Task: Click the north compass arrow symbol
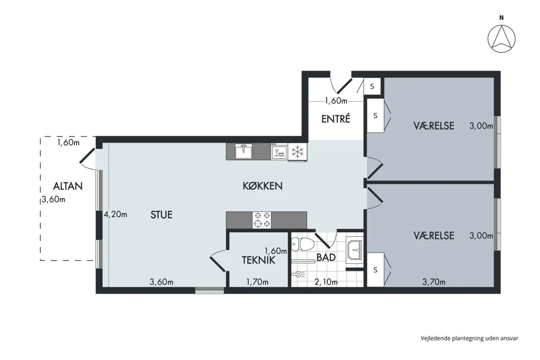pos(501,39)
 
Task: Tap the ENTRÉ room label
pos(336,119)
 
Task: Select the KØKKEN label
pos(263,186)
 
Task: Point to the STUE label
pos(161,215)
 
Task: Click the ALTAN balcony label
pos(68,186)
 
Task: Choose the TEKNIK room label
pos(259,260)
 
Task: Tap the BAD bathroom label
pos(326,257)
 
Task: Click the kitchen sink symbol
pos(243,152)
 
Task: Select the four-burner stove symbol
pos(262,220)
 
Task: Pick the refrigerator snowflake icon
pos(297,152)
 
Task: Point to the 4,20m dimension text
pos(116,214)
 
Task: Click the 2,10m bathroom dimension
pos(326,282)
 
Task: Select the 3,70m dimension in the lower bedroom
pos(434,282)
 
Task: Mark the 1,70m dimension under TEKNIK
pos(257,282)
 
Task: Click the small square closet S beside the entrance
pos(372,86)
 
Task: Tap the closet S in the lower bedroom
pos(375,269)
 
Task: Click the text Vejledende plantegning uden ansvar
pos(470,338)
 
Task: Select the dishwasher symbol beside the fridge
pos(279,152)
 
